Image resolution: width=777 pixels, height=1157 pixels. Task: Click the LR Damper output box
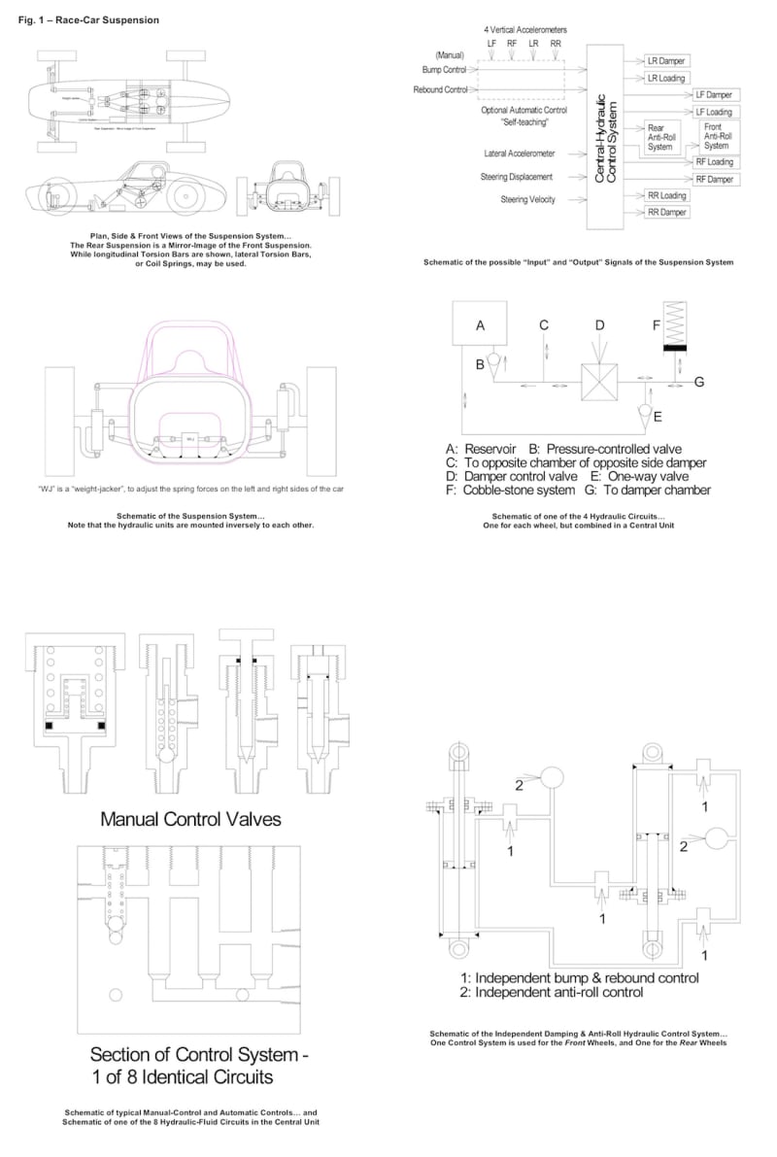(666, 60)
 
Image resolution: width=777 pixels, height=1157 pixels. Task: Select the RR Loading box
(666, 195)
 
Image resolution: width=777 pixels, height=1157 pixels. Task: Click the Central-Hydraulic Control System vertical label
(604, 136)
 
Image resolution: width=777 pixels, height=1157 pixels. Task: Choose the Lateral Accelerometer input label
(519, 153)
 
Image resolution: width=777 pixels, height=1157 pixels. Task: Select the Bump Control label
(444, 70)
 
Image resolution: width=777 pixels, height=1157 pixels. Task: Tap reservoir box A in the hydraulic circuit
(480, 327)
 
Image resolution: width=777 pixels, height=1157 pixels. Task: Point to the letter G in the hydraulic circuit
(698, 382)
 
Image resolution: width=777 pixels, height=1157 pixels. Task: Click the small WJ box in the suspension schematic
(192, 439)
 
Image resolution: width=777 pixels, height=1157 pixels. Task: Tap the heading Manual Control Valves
(191, 819)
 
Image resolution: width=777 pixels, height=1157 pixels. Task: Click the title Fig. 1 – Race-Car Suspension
(83, 20)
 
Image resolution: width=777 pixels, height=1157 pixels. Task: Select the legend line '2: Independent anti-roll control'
(552, 993)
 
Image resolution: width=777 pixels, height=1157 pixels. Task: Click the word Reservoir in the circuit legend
(496, 449)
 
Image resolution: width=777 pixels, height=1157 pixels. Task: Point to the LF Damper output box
(714, 95)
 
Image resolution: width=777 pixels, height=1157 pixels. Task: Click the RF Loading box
(714, 162)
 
